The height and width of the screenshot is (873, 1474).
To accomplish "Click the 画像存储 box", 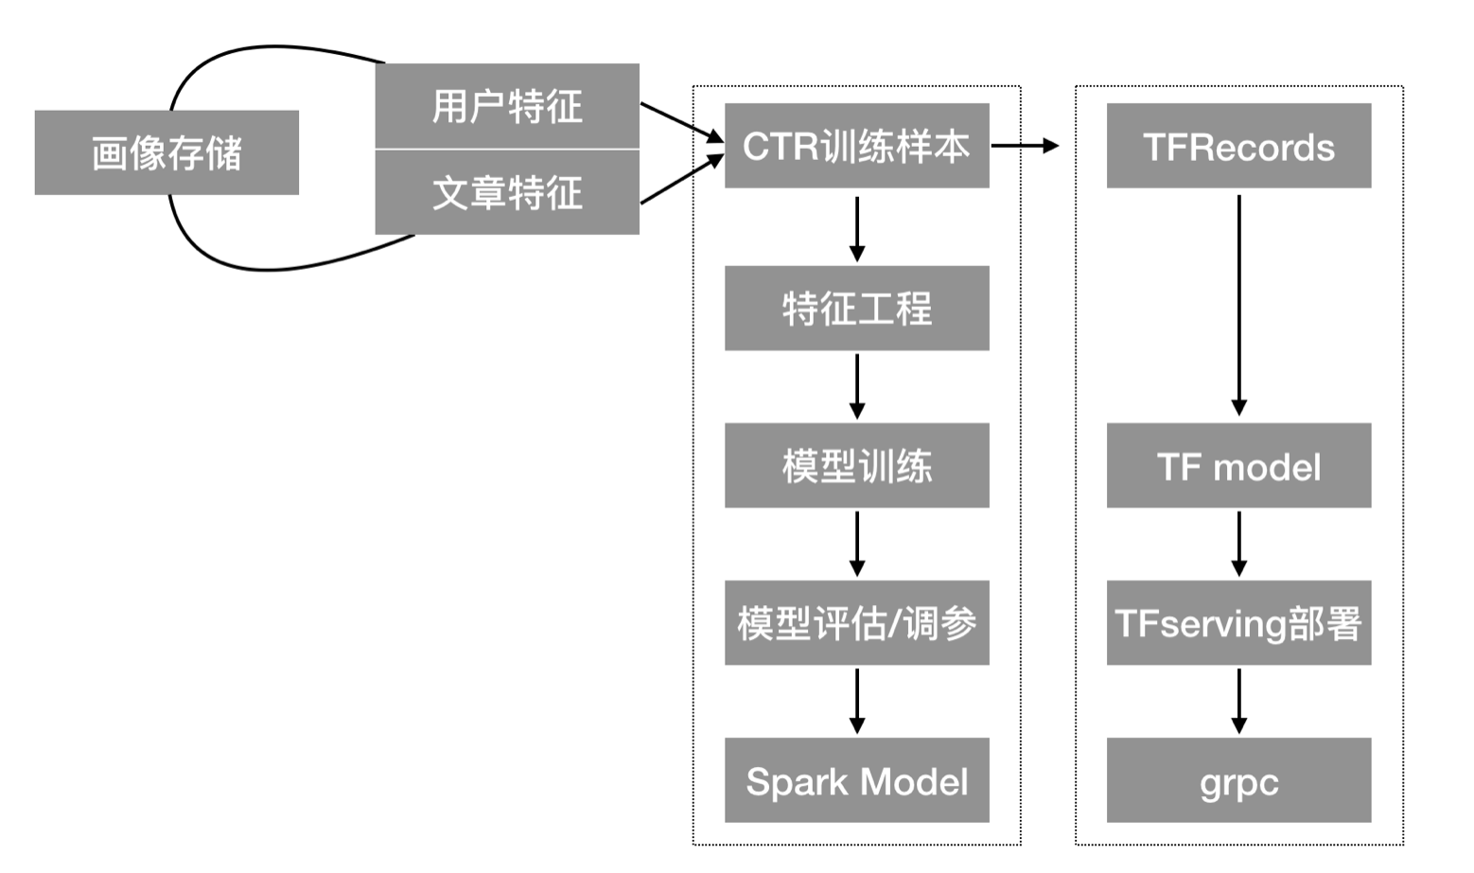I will pyautogui.click(x=167, y=152).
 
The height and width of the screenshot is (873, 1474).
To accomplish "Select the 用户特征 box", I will pyautogui.click(x=507, y=106).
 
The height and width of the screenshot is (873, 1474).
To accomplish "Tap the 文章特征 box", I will pyautogui.click(x=507, y=192).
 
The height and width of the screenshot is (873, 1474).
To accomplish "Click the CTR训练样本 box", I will pyautogui.click(x=856, y=146).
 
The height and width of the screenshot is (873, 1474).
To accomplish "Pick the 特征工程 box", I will pyautogui.click(x=856, y=308).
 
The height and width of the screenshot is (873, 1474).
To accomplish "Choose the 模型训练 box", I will pyautogui.click(x=856, y=465).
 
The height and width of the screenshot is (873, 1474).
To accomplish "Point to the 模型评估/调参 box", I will pyautogui.click(x=856, y=622).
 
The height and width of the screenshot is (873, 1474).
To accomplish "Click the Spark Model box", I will pyautogui.click(x=856, y=780).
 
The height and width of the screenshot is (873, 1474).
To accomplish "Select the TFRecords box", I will pyautogui.click(x=1238, y=146).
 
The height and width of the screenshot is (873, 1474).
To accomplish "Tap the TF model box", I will pyautogui.click(x=1238, y=465).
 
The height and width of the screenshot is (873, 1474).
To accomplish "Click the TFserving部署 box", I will pyautogui.click(x=1238, y=622).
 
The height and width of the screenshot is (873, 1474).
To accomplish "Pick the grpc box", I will pyautogui.click(x=1238, y=780).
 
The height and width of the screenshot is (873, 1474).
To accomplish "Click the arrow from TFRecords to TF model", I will pyautogui.click(x=1238, y=303).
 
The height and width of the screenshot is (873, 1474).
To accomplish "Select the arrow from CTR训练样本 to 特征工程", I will pyautogui.click(x=857, y=227).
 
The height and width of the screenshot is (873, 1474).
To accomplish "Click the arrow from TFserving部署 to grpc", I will pyautogui.click(x=1238, y=701).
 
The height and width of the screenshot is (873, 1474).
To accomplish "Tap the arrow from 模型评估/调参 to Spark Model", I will pyautogui.click(x=857, y=701).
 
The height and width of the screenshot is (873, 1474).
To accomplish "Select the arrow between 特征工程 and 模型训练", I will pyautogui.click(x=857, y=386).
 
